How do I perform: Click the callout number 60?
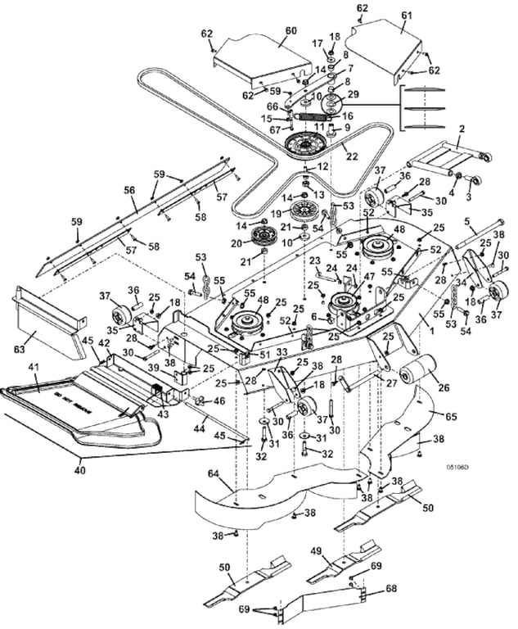pyautogui.click(x=268, y=31)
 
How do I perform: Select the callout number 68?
pyautogui.click(x=390, y=587)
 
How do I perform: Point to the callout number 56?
pyautogui.click(x=129, y=189)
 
